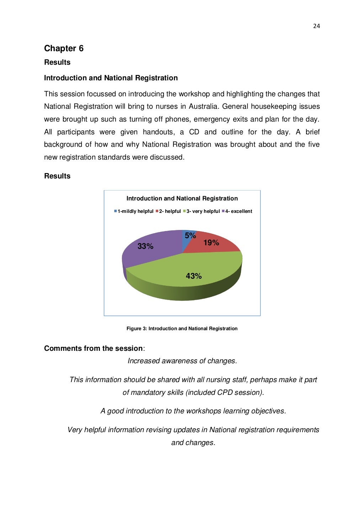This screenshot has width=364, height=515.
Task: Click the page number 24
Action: point(316,26)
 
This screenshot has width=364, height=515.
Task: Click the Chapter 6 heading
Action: point(64,48)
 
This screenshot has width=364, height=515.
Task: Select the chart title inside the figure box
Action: point(182,198)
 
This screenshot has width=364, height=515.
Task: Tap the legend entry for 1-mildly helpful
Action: point(134,211)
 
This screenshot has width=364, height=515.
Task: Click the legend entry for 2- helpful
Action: point(168,211)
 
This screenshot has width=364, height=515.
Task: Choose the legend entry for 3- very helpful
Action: point(202,211)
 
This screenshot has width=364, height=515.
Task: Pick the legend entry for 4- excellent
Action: point(237,211)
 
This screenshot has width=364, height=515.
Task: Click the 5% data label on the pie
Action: point(190,236)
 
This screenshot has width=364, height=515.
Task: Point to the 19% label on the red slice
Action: point(211,243)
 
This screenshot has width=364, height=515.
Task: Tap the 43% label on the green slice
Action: point(194,276)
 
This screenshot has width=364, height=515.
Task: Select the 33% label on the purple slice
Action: point(145,246)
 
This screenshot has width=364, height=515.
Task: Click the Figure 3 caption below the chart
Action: point(182,328)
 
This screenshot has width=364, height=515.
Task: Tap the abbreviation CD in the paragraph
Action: point(194,132)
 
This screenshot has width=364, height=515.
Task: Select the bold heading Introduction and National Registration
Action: point(111,78)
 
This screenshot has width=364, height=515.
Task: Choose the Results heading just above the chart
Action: point(57,176)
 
